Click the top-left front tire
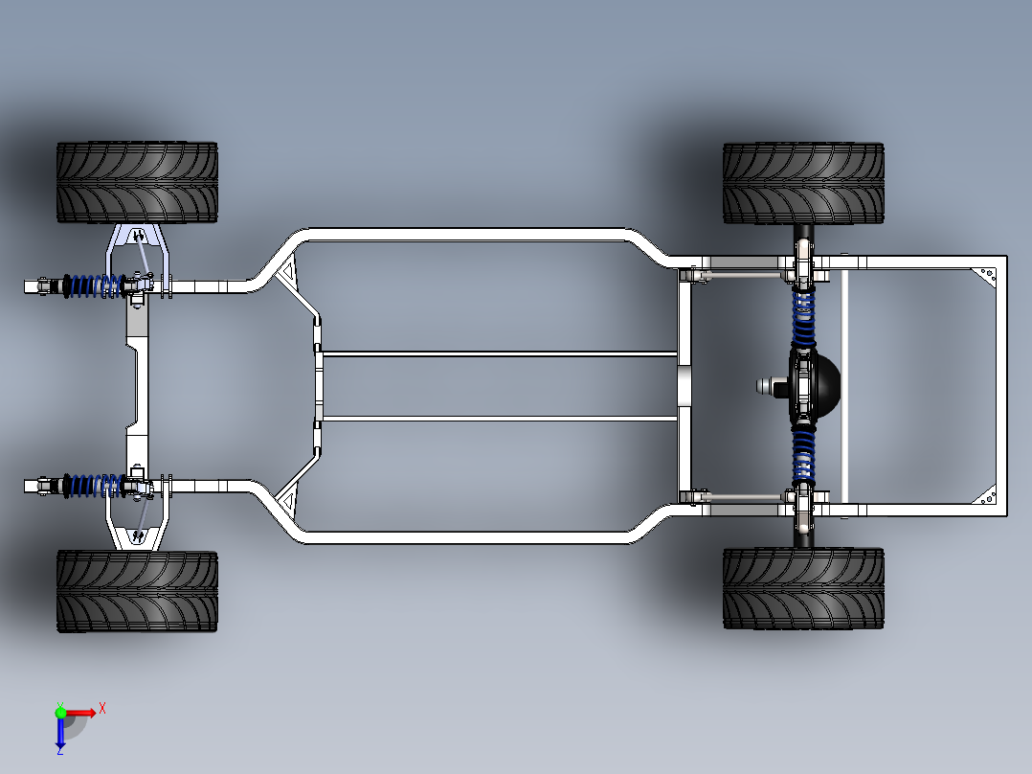(x=137, y=182)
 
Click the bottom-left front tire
(x=137, y=592)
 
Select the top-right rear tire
(x=803, y=183)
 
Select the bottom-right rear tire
(x=803, y=588)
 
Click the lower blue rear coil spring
(x=802, y=455)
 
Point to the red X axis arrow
(x=79, y=713)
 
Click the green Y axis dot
(x=60, y=712)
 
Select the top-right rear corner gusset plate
(x=987, y=275)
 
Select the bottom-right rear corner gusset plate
(x=987, y=496)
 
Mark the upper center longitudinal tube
(x=500, y=354)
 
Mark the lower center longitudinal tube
(x=500, y=419)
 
